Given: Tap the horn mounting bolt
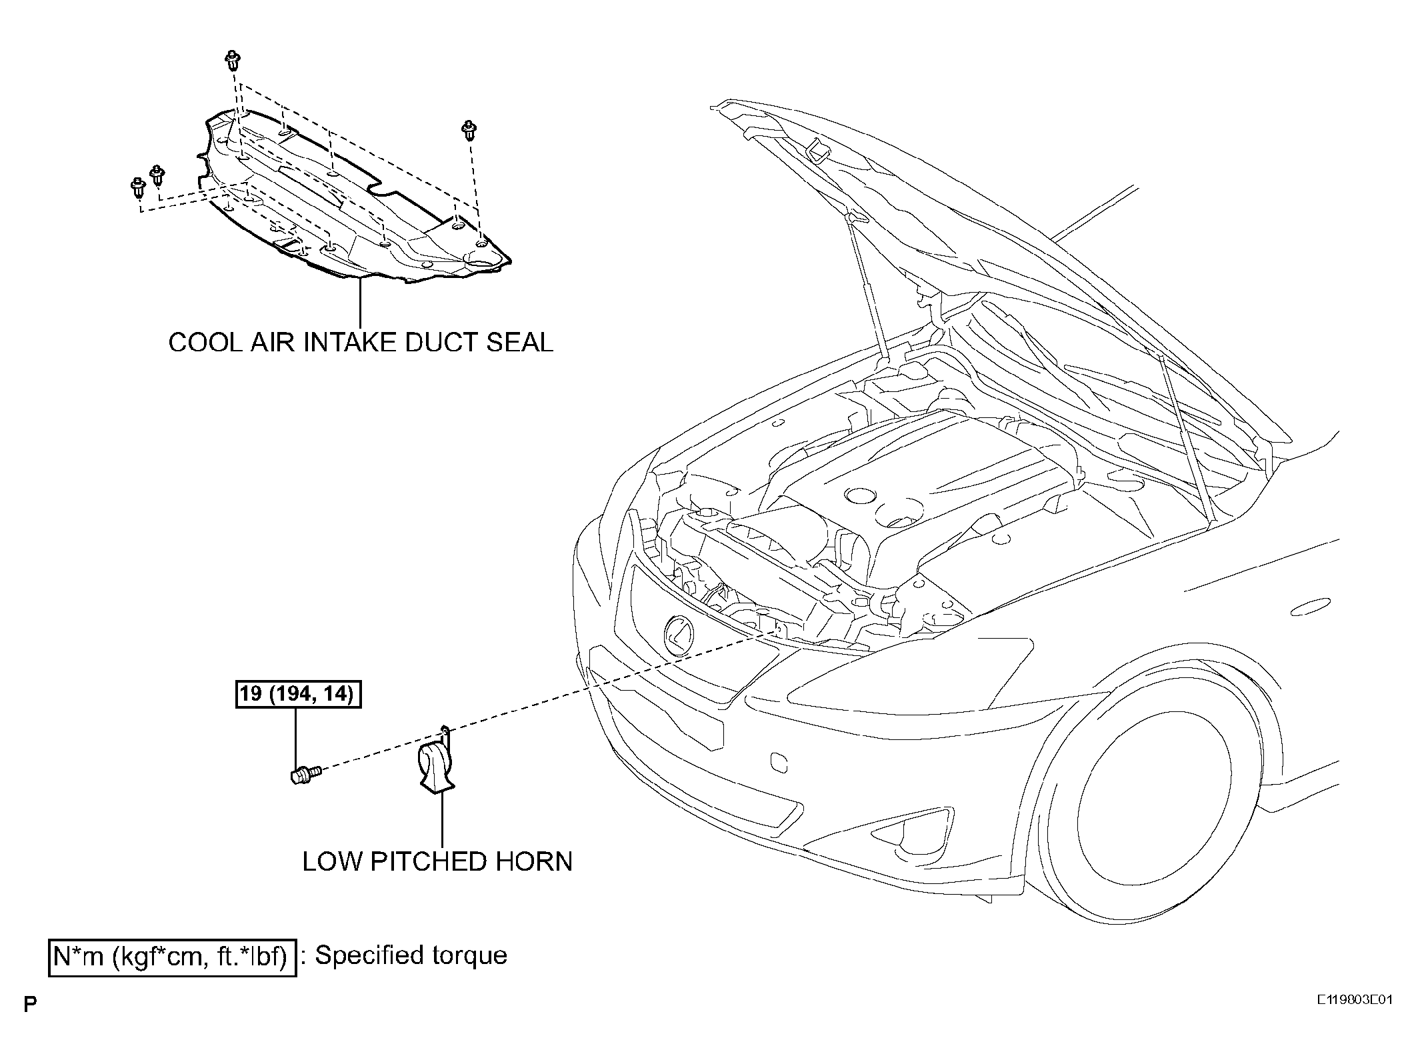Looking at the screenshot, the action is click(306, 775).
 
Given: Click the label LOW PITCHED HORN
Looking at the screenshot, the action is click(437, 861).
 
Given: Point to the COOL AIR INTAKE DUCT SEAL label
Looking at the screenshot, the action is click(361, 342).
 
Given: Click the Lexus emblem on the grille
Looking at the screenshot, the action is click(679, 635).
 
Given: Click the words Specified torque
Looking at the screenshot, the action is click(411, 955).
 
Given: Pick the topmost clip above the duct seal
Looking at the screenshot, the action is click(233, 59).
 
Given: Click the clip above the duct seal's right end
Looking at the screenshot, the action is click(470, 130).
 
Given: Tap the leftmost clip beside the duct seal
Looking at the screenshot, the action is click(138, 188).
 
